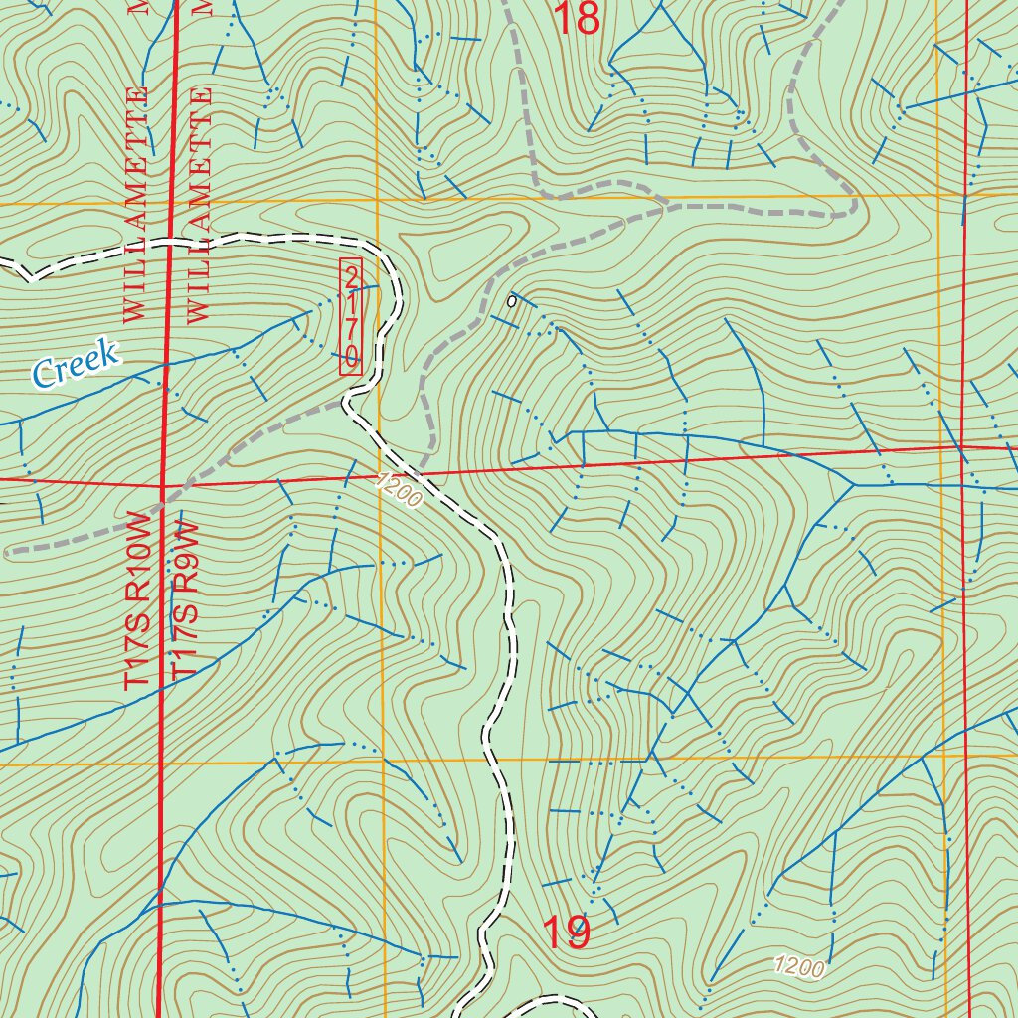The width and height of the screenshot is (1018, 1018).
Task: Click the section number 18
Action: [x=576, y=18]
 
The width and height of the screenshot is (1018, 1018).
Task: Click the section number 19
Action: [x=566, y=933]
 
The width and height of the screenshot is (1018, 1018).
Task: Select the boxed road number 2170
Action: [x=351, y=317]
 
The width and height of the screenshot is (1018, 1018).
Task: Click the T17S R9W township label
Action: [x=187, y=602]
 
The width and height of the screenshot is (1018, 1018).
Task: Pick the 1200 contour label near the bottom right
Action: [x=798, y=967]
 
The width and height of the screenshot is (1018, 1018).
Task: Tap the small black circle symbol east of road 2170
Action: [x=511, y=300]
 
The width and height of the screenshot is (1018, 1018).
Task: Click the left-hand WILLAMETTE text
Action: [x=136, y=204]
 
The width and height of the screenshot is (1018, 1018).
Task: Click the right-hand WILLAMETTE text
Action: [x=199, y=204]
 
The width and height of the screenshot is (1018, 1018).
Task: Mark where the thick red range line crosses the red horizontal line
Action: [x=163, y=486]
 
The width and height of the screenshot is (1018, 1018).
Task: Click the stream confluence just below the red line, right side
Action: [x=854, y=484]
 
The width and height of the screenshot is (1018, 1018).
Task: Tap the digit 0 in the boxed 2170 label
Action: [x=351, y=355]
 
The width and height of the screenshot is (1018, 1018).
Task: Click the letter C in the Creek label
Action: [x=43, y=374]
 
